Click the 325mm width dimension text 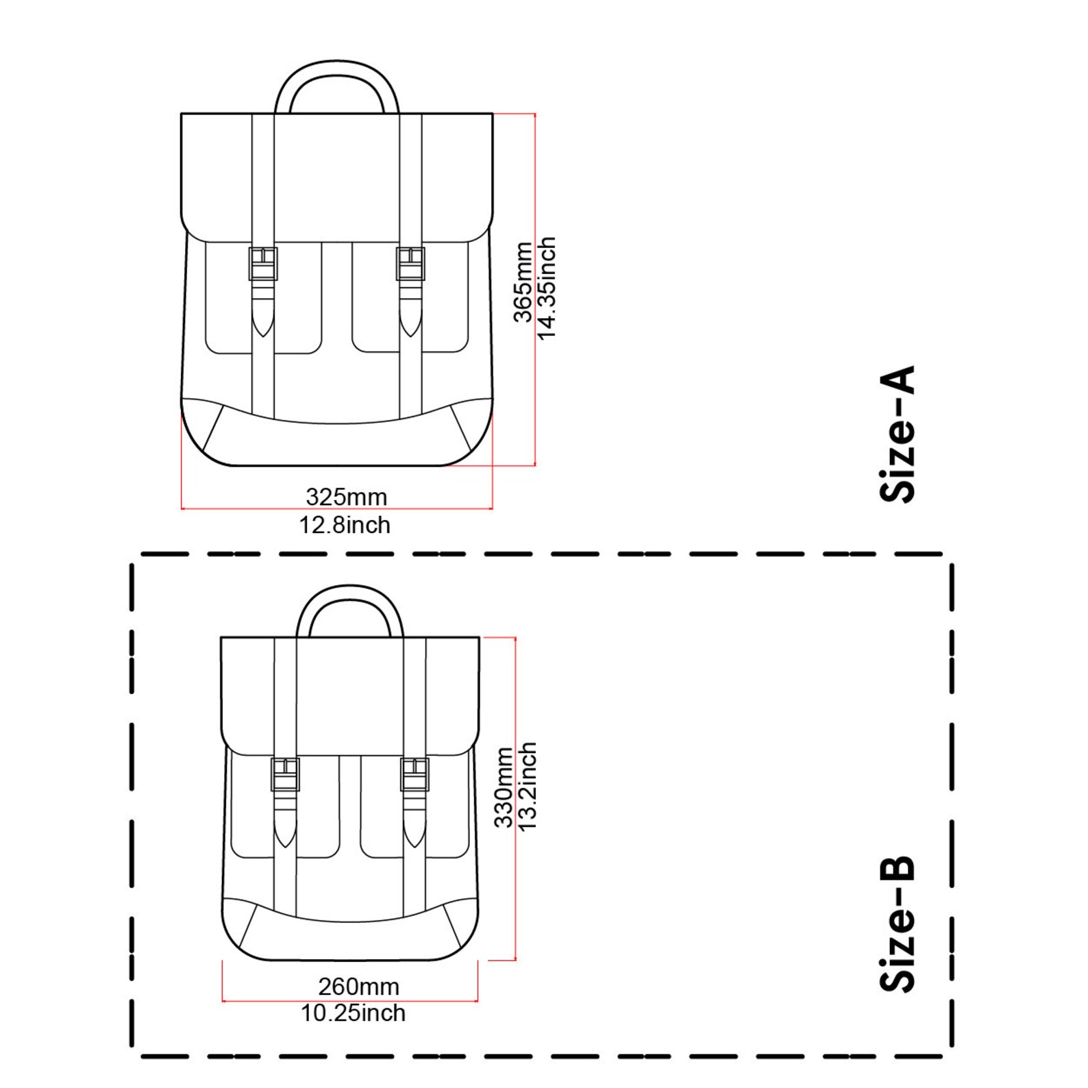(x=346, y=496)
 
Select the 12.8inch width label (x=345, y=525)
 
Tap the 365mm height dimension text (x=523, y=282)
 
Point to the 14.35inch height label (x=546, y=288)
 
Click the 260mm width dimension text (x=358, y=986)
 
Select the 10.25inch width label (x=353, y=1013)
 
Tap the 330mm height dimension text (x=504, y=788)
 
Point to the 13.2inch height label (x=527, y=787)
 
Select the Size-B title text (x=898, y=923)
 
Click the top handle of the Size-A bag (x=336, y=69)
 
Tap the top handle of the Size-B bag (x=349, y=593)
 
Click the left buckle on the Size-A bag (x=263, y=264)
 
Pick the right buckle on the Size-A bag (x=410, y=264)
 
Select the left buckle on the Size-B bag (x=285, y=774)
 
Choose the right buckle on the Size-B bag (x=415, y=774)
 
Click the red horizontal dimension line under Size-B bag (x=349, y=1001)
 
